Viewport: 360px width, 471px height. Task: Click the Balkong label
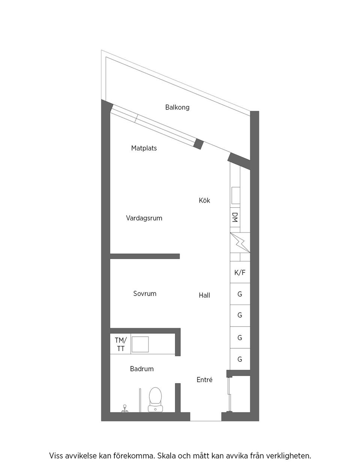pyautogui.click(x=177, y=107)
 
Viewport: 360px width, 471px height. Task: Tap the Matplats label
pyautogui.click(x=144, y=148)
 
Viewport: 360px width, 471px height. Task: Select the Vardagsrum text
pyautogui.click(x=144, y=218)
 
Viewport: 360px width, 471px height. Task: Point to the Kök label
pyautogui.click(x=204, y=200)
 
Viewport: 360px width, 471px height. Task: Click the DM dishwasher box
pyautogui.click(x=235, y=217)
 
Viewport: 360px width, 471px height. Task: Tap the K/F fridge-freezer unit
pyautogui.click(x=240, y=273)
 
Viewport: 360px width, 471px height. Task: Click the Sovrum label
pyautogui.click(x=145, y=294)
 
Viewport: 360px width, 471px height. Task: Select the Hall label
pyautogui.click(x=204, y=295)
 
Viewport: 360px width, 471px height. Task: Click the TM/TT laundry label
pyautogui.click(x=120, y=344)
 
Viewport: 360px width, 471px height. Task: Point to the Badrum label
pyautogui.click(x=142, y=369)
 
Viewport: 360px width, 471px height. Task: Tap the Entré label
pyautogui.click(x=204, y=380)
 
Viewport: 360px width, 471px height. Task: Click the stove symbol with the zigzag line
pyautogui.click(x=240, y=243)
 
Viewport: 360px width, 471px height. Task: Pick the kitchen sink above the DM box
pyautogui.click(x=235, y=195)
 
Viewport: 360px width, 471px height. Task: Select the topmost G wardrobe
pyautogui.click(x=240, y=294)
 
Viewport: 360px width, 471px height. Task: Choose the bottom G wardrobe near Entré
pyautogui.click(x=240, y=359)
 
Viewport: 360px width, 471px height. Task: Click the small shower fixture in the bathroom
pyautogui.click(x=125, y=409)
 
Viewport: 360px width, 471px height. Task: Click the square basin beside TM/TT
pyautogui.click(x=140, y=344)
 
